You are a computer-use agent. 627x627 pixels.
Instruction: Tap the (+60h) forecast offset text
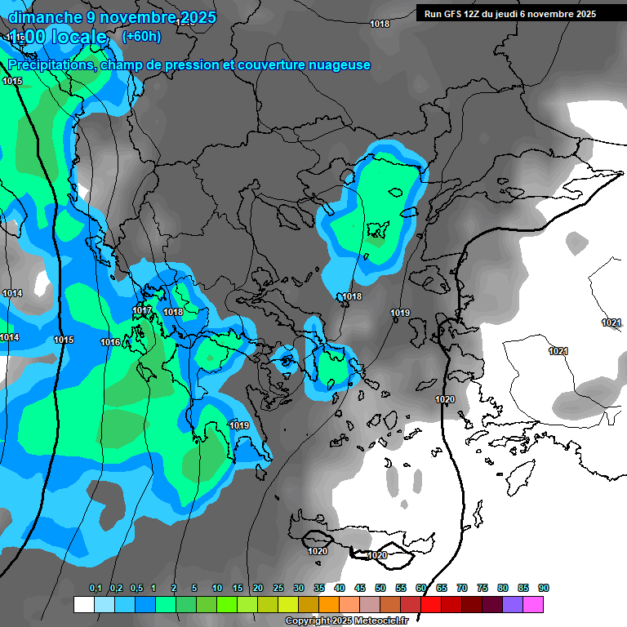coord(141,36)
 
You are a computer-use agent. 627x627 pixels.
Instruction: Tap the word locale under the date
coord(77,38)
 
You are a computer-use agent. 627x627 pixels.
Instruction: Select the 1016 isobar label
coord(110,342)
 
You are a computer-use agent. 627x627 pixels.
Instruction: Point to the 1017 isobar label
coord(142,311)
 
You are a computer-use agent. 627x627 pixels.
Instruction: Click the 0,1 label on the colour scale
coord(95,589)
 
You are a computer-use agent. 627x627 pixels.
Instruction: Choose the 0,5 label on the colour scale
coord(136,589)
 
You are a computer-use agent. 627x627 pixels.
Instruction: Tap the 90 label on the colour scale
coord(544,589)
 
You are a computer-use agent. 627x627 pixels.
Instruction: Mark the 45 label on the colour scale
coord(360,589)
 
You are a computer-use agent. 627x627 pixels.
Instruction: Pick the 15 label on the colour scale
coord(238,589)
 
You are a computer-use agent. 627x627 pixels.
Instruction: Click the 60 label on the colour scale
coord(421,589)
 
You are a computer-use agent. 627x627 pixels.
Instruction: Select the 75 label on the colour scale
coord(482,589)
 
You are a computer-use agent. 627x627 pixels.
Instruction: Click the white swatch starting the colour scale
coord(83,604)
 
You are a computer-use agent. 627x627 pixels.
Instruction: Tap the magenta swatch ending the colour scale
coord(533,604)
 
